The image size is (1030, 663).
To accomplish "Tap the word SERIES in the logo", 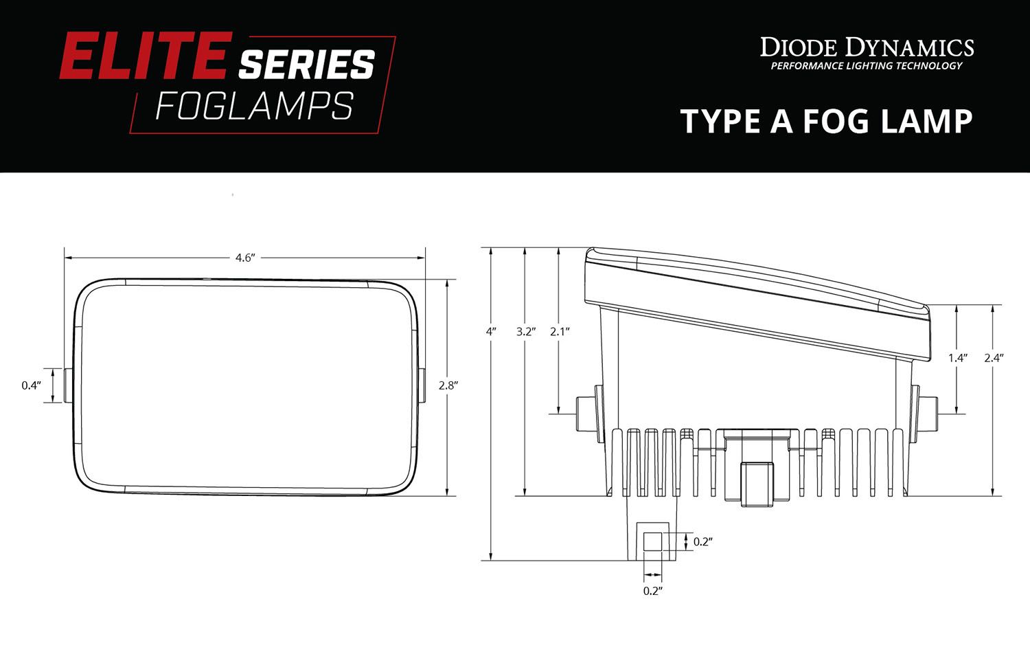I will pyautogui.click(x=306, y=65).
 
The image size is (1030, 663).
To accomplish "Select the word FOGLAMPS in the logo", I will pyautogui.click(x=254, y=106).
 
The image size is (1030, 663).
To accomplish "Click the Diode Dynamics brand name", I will pyautogui.click(x=867, y=47).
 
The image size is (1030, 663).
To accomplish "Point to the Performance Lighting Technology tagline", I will pyautogui.click(x=867, y=66).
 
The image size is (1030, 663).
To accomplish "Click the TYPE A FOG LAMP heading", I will pyautogui.click(x=826, y=122).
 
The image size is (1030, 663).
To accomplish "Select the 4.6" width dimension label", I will pyautogui.click(x=245, y=258).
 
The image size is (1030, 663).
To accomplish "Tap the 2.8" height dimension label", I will pyautogui.click(x=448, y=385).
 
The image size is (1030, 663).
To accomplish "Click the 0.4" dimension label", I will pyautogui.click(x=31, y=385).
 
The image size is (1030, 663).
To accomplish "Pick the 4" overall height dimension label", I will pyautogui.click(x=491, y=331).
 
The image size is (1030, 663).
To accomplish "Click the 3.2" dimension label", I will pyautogui.click(x=525, y=331).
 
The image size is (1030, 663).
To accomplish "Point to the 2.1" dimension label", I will pyautogui.click(x=560, y=331).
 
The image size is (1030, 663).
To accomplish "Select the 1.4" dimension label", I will pyautogui.click(x=957, y=358).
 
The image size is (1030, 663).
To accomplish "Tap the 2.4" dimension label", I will pyautogui.click(x=993, y=358).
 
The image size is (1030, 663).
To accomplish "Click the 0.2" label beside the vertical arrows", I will pyautogui.click(x=702, y=542).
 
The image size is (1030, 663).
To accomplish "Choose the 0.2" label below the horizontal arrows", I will pyautogui.click(x=652, y=591).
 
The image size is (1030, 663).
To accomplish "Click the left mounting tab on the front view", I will pyautogui.click(x=69, y=385).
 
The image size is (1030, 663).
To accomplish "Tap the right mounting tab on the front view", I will pyautogui.click(x=421, y=385).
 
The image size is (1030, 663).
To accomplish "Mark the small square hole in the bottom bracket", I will pyautogui.click(x=653, y=541).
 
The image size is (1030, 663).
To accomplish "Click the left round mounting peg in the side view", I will pyautogui.click(x=584, y=414).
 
